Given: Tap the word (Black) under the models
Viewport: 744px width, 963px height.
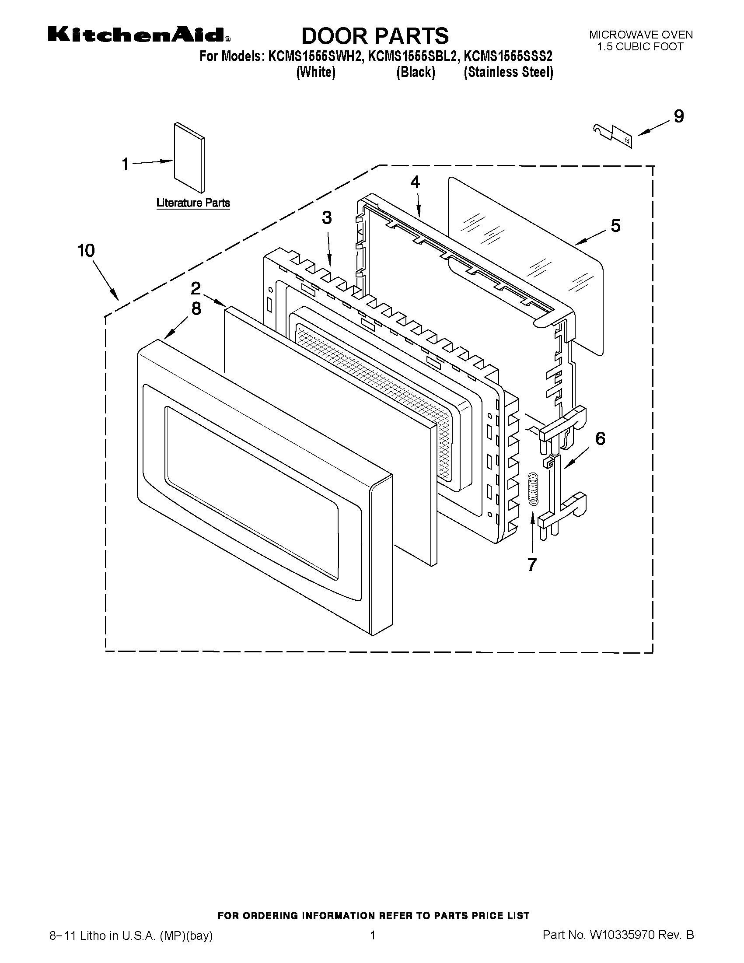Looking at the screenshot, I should [x=415, y=72].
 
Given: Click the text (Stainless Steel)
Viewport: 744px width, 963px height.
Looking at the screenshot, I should [x=508, y=72].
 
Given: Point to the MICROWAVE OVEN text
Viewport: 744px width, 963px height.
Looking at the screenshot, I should [x=641, y=35].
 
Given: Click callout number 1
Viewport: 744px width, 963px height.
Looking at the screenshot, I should [x=126, y=165].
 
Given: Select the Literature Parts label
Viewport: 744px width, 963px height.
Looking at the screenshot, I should [x=193, y=203].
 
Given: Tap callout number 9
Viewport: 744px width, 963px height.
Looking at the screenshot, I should [x=679, y=116].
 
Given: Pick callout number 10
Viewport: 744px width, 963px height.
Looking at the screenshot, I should [x=86, y=250].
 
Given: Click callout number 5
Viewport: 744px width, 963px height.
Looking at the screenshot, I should [x=615, y=226].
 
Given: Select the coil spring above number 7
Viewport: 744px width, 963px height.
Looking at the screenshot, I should [x=533, y=488].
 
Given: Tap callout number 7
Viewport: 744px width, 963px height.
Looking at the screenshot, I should [x=532, y=565].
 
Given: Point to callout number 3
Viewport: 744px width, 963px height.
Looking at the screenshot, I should [x=326, y=217].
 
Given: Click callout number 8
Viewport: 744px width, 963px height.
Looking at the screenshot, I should [x=196, y=308].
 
